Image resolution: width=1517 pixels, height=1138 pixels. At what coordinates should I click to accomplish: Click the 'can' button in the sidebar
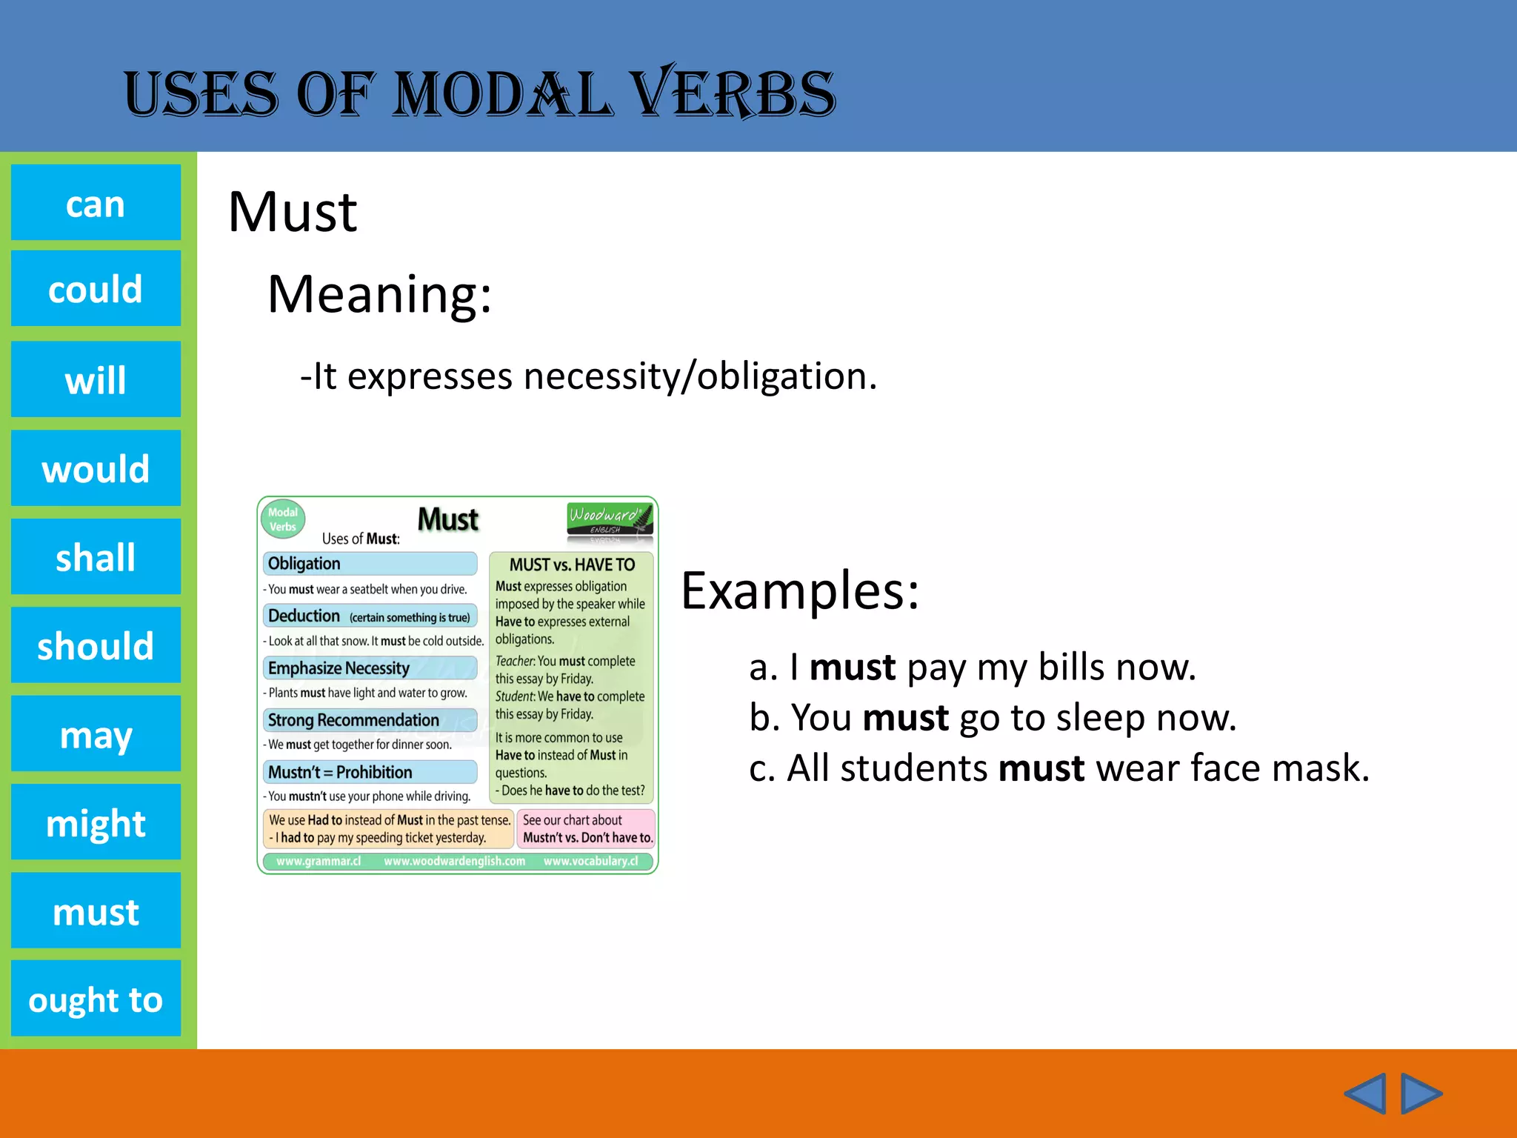96,203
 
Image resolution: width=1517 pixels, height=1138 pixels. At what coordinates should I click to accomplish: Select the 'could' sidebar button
96,288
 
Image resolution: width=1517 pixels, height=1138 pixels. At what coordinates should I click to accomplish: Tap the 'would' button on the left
96,468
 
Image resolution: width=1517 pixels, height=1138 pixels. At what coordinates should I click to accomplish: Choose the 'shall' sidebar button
96,556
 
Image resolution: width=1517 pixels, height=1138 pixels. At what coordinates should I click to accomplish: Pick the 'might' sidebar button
96,822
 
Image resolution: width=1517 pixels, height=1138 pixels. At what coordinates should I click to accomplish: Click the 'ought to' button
96,999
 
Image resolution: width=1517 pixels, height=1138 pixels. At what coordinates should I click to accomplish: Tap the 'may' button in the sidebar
96,733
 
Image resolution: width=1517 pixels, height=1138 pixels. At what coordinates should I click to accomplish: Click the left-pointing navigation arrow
1365,1093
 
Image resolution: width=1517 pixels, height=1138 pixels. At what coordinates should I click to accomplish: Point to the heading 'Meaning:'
379,294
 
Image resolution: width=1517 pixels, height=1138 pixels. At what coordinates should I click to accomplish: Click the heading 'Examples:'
800,591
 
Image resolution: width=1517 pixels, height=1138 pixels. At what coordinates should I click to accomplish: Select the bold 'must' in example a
853,667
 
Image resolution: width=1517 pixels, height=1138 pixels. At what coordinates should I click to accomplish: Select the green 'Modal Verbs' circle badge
283,519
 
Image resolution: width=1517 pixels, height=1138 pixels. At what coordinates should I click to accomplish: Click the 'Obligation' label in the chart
304,564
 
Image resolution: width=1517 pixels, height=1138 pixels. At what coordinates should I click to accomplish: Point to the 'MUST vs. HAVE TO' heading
572,565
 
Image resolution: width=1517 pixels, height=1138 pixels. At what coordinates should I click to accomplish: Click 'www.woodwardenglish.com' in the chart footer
454,861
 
